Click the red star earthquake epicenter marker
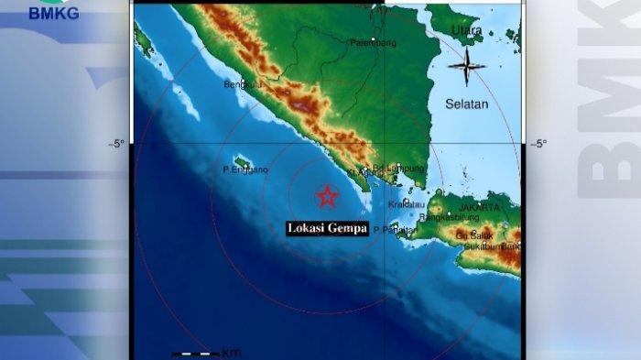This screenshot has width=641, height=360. coord(327,195)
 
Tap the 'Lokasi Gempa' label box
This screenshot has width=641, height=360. coord(327,229)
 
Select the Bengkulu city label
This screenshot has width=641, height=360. coord(243,85)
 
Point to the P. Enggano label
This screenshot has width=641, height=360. coord(245,170)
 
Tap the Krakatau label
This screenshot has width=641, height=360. coord(407,204)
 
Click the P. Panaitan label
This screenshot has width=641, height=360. coord(395,230)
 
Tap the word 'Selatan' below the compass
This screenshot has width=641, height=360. coord(467,104)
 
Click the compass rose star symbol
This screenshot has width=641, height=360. coord(467,67)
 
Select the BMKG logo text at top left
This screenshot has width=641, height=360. coord(53,13)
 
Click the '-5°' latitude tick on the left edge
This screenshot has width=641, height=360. coord(116,144)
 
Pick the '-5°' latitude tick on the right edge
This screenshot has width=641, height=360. coord(538,144)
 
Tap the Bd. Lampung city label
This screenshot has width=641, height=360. coord(407,169)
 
